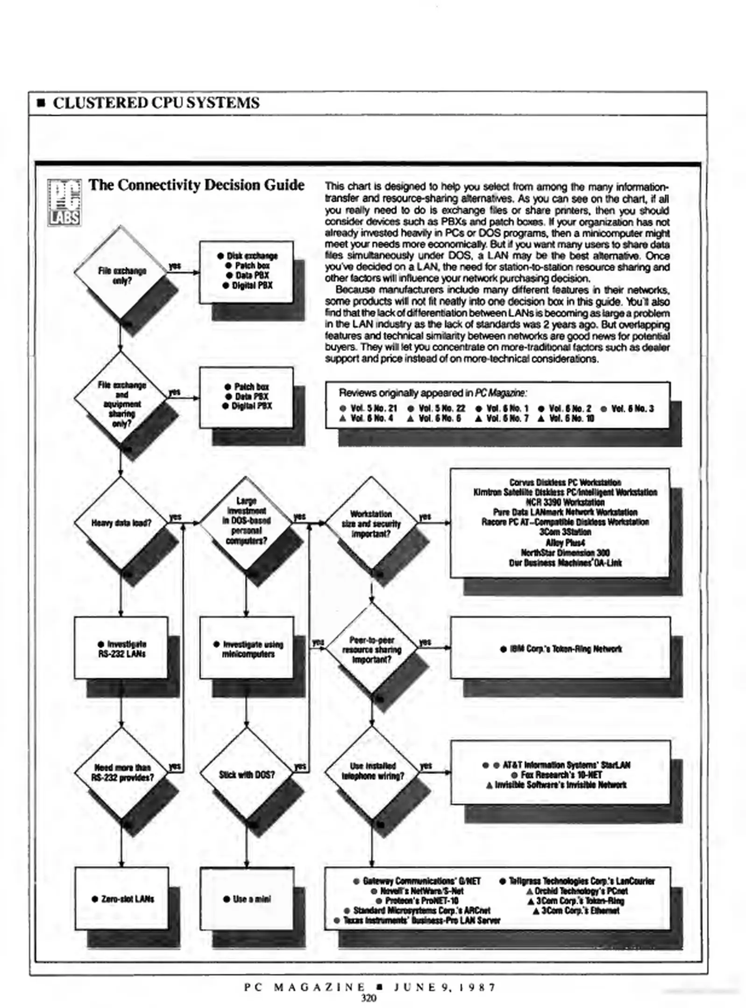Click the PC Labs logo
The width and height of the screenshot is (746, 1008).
[x=64, y=203]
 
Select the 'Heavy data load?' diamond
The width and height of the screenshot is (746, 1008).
[x=121, y=523]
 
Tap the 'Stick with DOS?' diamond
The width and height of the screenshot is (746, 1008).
[x=247, y=775]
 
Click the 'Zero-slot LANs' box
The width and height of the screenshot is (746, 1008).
[x=122, y=898]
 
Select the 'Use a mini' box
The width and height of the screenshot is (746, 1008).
[x=247, y=898]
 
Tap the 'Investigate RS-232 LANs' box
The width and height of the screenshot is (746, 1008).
[x=121, y=649]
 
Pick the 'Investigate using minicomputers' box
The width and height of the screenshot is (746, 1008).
[x=248, y=649]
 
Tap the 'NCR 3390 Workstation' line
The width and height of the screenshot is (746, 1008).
[x=565, y=502]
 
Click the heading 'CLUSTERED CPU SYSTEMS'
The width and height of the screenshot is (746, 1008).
[x=156, y=103]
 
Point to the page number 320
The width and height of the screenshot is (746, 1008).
[x=368, y=998]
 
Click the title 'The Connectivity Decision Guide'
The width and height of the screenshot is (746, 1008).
[x=197, y=185]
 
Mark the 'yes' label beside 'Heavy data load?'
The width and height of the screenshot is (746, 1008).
[x=175, y=517]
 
